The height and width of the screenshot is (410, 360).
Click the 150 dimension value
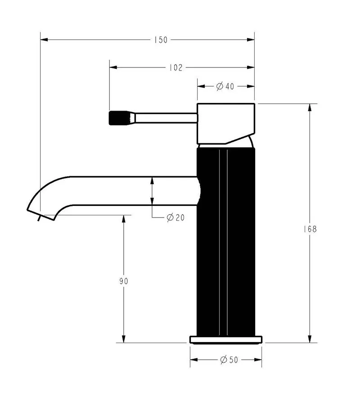point(161,40)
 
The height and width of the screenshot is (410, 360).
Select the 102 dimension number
point(175,68)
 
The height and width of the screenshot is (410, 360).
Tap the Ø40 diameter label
point(225,86)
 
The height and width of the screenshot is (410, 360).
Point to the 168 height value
point(310,229)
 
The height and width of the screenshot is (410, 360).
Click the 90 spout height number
point(124,281)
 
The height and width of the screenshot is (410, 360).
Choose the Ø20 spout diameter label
point(175,217)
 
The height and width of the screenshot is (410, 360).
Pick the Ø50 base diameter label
point(229,360)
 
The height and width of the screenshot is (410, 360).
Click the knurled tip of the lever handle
point(122,118)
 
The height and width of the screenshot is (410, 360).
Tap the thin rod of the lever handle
point(166,118)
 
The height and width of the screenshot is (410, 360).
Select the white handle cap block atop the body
point(226,124)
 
